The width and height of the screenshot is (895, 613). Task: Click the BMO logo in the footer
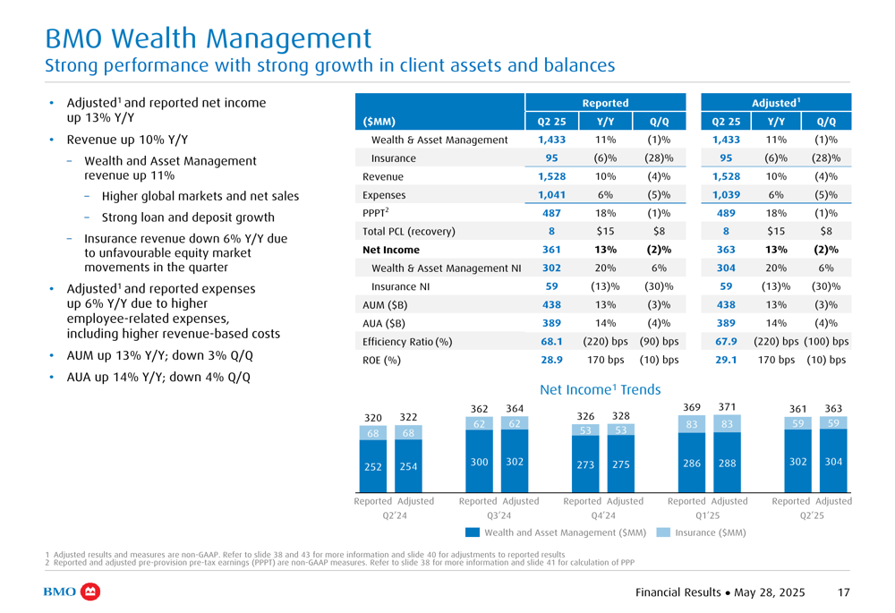click(x=72, y=592)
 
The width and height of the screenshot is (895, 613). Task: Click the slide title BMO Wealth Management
click(x=208, y=38)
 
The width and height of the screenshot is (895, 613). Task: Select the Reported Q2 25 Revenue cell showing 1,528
click(x=551, y=176)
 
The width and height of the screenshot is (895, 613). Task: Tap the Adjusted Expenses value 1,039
click(x=726, y=194)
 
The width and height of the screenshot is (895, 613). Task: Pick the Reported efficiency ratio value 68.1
click(x=551, y=341)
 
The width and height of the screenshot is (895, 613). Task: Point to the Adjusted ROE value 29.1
click(x=726, y=360)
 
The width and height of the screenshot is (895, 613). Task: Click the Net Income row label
click(x=391, y=250)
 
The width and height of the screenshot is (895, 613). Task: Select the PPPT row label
click(x=376, y=212)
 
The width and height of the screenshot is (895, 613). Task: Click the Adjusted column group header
click(x=776, y=103)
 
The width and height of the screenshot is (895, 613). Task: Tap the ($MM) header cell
click(x=379, y=122)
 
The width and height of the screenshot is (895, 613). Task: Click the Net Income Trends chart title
click(x=600, y=389)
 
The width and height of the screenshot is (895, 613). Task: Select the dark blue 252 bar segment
click(x=373, y=466)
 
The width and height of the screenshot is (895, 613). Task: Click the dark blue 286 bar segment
click(x=692, y=463)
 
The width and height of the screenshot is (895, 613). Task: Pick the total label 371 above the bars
click(x=727, y=407)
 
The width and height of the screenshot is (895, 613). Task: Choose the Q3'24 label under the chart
click(x=499, y=515)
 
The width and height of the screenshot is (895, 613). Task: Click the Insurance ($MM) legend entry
click(x=702, y=532)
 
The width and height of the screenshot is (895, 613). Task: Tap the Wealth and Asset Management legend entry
click(x=556, y=532)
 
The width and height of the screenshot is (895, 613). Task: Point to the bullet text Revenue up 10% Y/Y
click(x=127, y=140)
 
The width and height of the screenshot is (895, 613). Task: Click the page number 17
click(x=844, y=592)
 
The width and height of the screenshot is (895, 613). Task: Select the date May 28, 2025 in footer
click(x=770, y=592)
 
